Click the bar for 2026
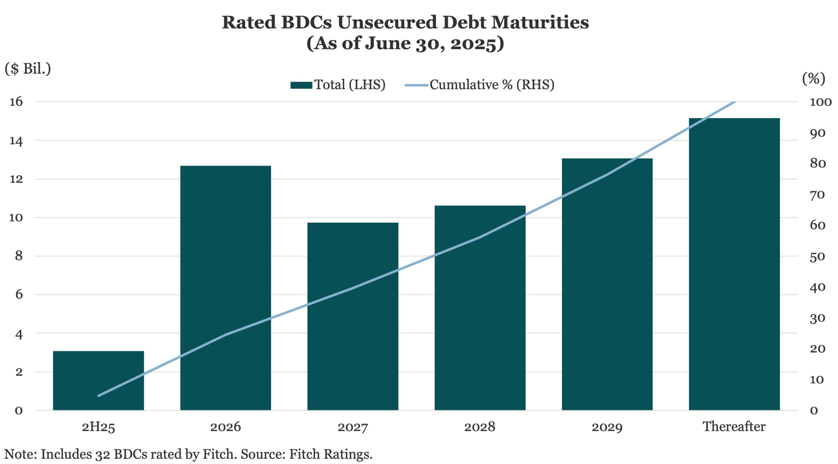point(226,288)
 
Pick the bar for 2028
point(480,307)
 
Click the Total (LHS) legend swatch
point(301,85)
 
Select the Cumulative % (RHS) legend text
point(492,85)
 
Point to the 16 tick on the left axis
point(16,102)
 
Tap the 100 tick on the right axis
point(820,102)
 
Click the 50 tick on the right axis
point(817,257)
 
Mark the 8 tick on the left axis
point(19,256)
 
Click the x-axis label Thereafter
point(734,427)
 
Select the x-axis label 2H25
point(98,427)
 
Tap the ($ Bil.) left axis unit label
point(28,69)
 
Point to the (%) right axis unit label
point(813,78)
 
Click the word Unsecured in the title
point(387,23)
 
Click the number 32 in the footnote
point(102,455)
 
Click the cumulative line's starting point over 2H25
point(99,396)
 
